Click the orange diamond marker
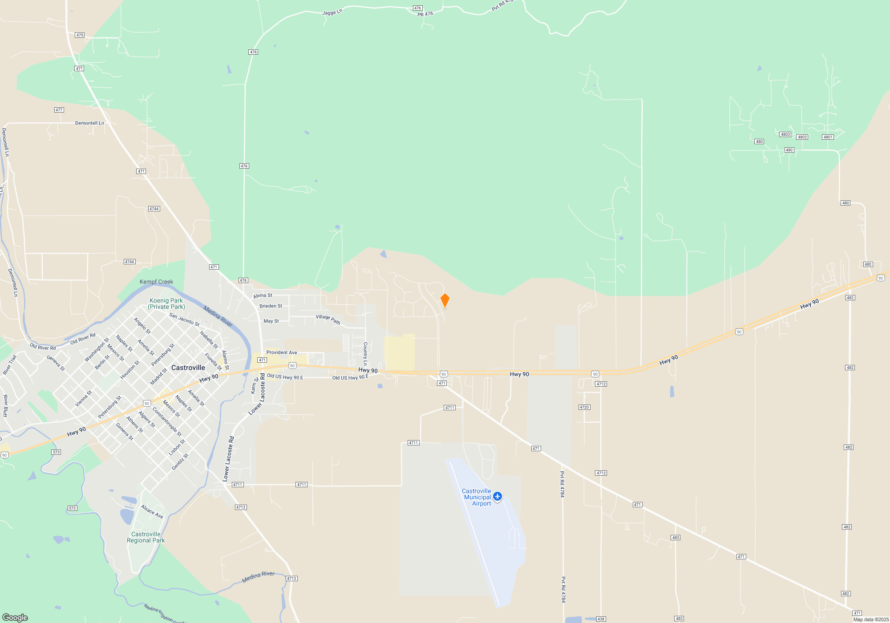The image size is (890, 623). (445, 300)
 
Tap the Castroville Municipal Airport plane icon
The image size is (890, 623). (498, 496)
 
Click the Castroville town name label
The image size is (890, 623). (188, 368)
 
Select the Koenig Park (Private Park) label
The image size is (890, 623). (166, 303)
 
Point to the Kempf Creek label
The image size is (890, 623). (156, 282)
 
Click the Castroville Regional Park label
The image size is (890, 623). (146, 537)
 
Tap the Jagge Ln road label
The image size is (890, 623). (332, 12)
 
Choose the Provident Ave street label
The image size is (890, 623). (282, 352)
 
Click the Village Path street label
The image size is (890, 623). (328, 319)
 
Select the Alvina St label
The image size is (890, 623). (263, 295)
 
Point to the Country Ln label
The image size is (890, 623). (365, 354)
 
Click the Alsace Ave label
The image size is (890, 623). (152, 511)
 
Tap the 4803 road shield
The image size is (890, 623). (785, 134)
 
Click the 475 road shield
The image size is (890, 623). (80, 35)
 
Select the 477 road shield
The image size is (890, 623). (59, 110)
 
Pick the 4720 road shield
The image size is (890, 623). (584, 407)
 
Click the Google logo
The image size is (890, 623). (15, 618)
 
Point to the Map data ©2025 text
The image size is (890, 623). (871, 619)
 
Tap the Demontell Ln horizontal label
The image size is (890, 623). (89, 123)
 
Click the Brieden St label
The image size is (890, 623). (271, 306)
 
